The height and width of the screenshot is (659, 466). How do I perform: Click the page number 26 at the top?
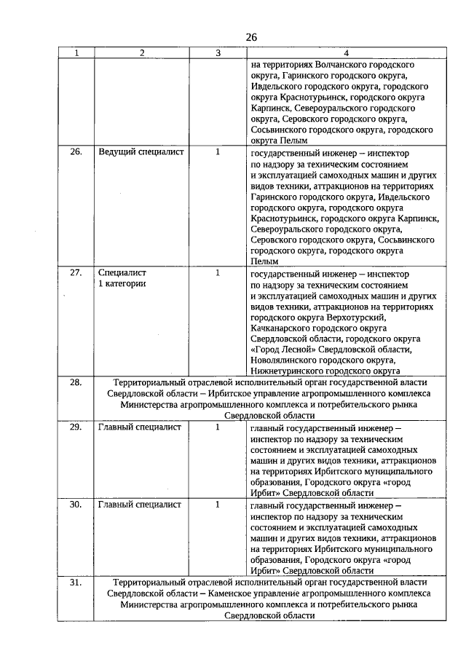(251, 37)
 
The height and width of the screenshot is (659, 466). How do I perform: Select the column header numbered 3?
(218, 52)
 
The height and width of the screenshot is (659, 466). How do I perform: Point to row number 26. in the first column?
(76, 153)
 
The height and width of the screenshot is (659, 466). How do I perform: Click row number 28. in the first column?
(76, 382)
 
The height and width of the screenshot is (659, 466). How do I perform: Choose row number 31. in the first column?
(76, 583)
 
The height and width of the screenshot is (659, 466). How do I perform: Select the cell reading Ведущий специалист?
(141, 153)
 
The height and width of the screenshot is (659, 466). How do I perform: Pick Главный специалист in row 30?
(140, 505)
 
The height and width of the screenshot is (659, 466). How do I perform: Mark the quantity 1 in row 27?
(218, 273)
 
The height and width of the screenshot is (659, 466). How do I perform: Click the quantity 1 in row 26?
(218, 153)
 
